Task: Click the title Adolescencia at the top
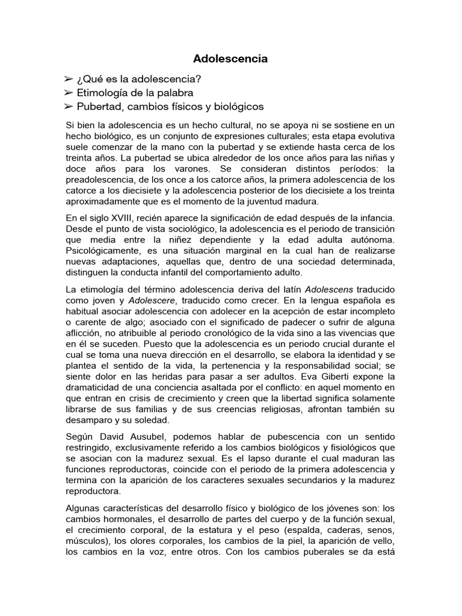pos(230,59)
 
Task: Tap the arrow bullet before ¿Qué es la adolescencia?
pos(69,79)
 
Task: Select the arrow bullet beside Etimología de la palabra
pos(69,93)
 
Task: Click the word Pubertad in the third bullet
pos(97,106)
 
